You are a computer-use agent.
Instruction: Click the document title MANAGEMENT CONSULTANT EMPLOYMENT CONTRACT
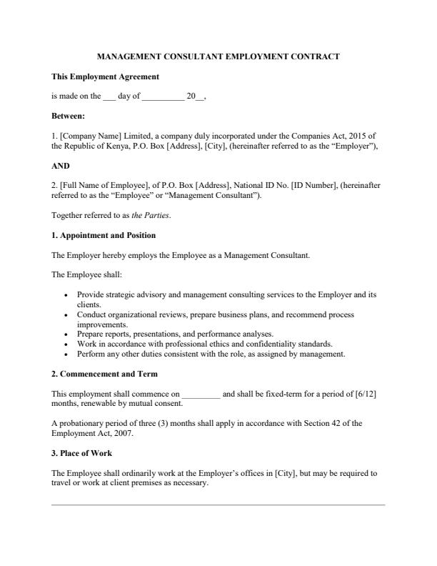point(218,56)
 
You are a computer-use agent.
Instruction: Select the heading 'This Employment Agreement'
point(105,76)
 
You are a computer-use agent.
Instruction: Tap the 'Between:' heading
point(69,115)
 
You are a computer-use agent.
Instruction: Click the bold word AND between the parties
point(61,165)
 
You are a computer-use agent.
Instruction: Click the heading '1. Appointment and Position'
point(104,235)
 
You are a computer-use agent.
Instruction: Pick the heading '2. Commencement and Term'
point(103,373)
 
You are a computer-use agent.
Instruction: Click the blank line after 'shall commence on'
point(201,394)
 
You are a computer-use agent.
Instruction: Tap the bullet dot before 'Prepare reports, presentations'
point(66,334)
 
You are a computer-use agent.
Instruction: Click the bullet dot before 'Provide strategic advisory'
point(66,294)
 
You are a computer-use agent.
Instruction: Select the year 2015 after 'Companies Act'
point(361,135)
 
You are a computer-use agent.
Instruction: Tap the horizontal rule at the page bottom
point(218,505)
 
